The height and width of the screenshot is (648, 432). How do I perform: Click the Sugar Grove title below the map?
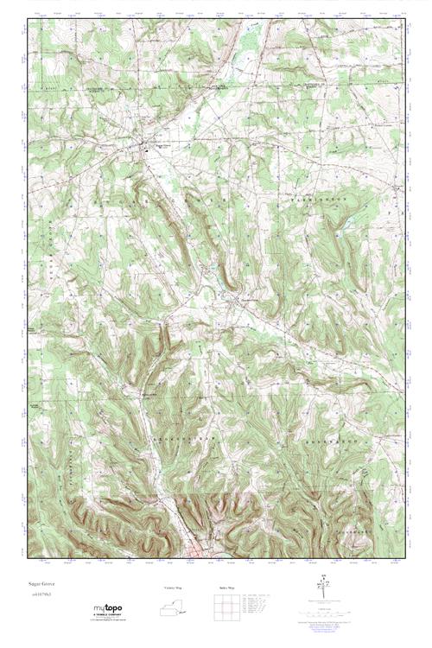coord(39,585)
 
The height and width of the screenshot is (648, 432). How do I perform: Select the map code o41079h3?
coord(39,595)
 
